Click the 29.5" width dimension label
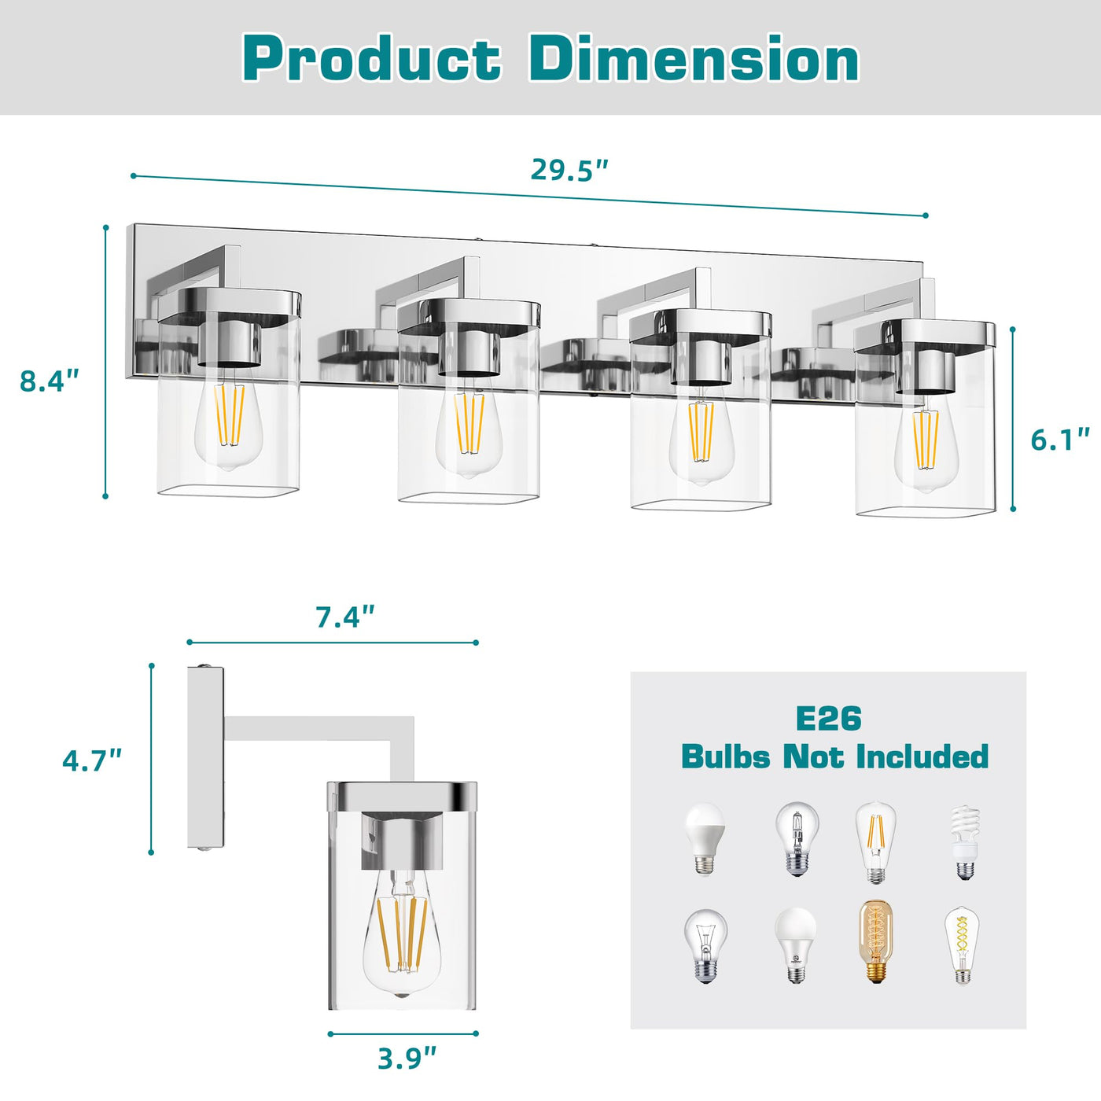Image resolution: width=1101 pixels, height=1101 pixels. coord(569,170)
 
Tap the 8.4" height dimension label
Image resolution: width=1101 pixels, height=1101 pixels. coord(50,381)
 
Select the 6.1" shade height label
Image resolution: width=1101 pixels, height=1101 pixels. coord(1060,440)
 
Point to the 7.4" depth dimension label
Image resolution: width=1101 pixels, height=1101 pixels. coord(345,617)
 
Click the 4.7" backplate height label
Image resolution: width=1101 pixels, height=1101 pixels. coord(92,761)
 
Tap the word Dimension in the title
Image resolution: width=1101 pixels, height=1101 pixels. coord(694,59)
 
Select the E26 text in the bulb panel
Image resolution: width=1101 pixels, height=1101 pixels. coord(828,718)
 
